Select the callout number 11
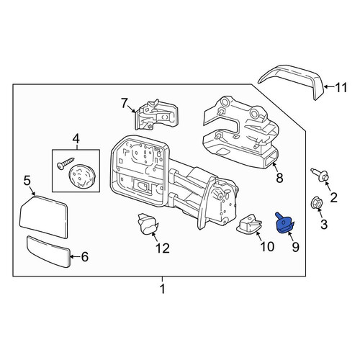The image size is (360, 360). click(341, 87)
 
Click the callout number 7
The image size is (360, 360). click(124, 104)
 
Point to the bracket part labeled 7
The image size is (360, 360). click(156, 114)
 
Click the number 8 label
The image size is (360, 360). click(279, 178)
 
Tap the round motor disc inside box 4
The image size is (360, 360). click(82, 176)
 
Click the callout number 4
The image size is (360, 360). click(76, 139)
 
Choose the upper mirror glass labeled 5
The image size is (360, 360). click(43, 217)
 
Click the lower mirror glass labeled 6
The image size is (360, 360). click(48, 252)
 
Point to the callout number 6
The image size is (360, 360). click(85, 257)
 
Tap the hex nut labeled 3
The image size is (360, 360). click(317, 204)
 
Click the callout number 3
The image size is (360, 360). click(324, 225)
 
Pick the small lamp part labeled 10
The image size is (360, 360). click(249, 224)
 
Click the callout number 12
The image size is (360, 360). click(163, 248)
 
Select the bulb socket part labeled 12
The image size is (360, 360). click(148, 224)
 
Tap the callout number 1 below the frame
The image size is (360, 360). click(163, 289)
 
